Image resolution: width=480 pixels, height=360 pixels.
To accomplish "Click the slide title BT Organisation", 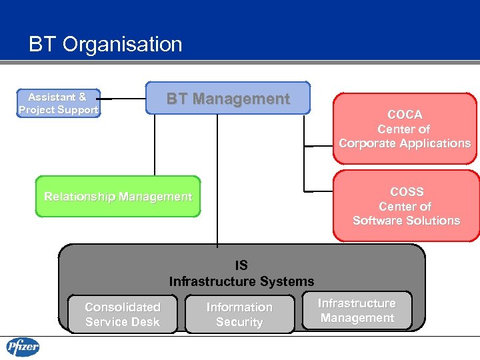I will point(105,45).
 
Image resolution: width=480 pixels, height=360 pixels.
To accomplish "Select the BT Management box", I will point(228,99).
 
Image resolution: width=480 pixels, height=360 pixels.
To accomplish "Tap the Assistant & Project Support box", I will point(59,103).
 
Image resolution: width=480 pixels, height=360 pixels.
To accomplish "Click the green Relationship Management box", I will point(118,197).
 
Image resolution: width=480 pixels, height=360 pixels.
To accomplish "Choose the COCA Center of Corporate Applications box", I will point(405,129).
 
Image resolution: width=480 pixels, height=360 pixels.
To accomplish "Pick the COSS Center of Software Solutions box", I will point(406,206).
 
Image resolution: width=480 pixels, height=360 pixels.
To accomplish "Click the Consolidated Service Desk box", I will point(123,315).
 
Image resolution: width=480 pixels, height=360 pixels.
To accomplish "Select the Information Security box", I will point(239,315).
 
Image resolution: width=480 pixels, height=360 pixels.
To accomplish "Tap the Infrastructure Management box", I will point(357,311).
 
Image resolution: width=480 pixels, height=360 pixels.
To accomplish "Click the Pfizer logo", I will point(23,347).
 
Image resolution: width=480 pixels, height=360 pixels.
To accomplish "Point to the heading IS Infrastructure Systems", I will point(241,273).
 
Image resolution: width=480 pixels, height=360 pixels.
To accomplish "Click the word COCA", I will point(405,115).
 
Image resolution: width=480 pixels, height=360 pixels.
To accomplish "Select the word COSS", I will point(407,192).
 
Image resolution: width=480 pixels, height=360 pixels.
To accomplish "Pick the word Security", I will point(239,322).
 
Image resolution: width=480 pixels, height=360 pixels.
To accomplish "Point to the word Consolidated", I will point(123,307).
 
